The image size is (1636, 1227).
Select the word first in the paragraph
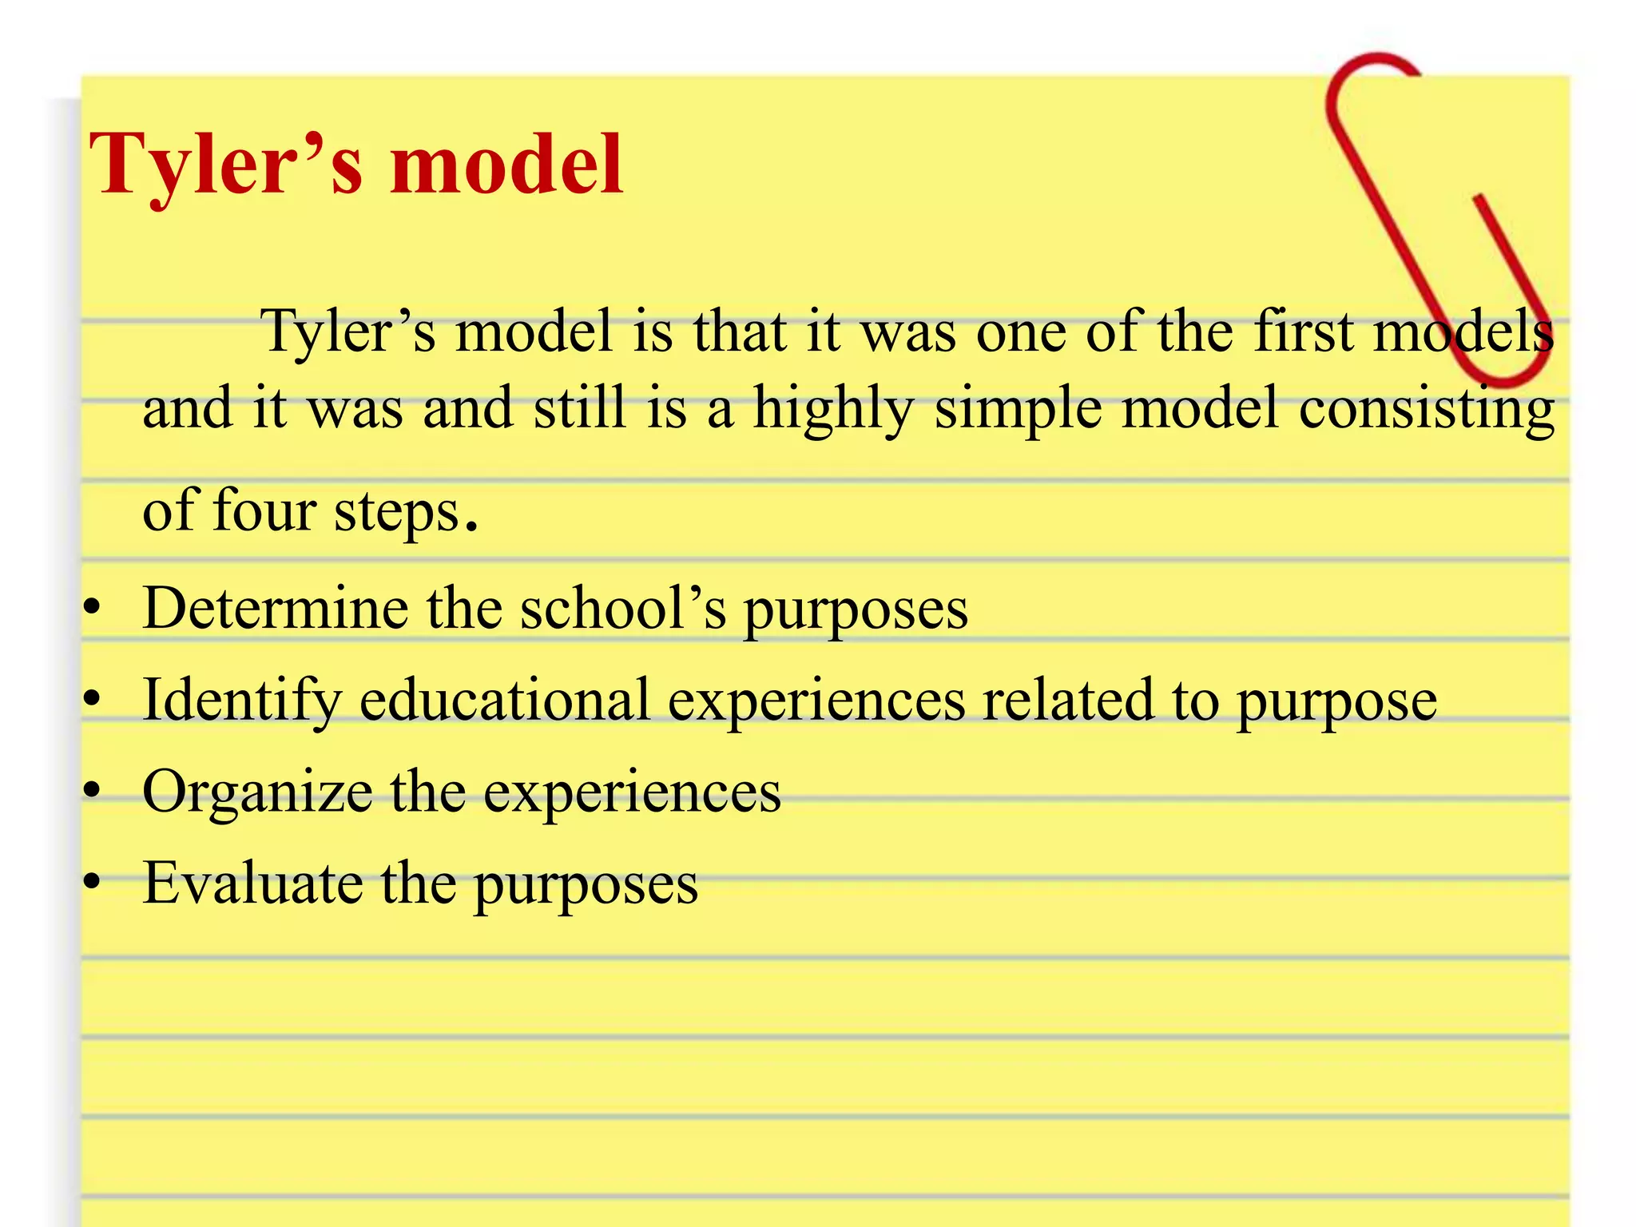point(1303,331)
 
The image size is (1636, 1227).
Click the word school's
point(623,609)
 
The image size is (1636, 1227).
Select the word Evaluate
point(252,884)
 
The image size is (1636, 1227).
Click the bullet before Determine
point(93,610)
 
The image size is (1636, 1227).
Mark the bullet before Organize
point(93,792)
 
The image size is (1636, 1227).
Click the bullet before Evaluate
point(93,883)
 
